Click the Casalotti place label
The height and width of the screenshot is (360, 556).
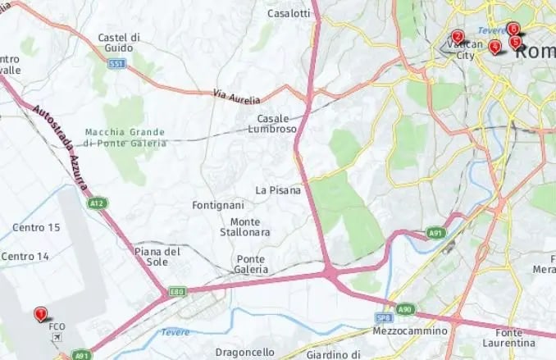[289, 13]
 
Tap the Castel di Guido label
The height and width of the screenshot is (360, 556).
[119, 43]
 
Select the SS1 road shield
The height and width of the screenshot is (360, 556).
[118, 63]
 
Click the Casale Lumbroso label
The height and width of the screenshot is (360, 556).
[272, 123]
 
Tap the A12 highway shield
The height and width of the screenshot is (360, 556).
[98, 203]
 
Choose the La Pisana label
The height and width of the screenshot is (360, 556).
[278, 190]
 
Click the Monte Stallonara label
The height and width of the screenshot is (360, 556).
[245, 227]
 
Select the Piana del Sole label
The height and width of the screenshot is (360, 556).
[157, 257]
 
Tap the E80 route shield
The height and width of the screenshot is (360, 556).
[177, 290]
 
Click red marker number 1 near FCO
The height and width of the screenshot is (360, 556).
[40, 313]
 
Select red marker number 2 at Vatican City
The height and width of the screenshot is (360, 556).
[458, 36]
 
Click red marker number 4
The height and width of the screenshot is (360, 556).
[494, 47]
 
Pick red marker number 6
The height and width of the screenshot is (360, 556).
[513, 29]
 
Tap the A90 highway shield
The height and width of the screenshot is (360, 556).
[405, 308]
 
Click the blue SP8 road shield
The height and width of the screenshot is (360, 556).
[384, 317]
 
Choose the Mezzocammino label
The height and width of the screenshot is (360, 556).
[410, 331]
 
